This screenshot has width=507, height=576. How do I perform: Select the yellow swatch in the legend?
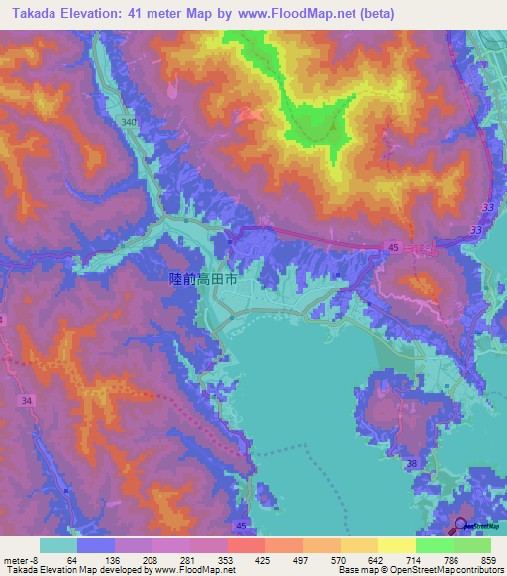tap(396, 545)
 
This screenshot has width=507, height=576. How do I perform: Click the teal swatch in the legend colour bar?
tap(58, 545)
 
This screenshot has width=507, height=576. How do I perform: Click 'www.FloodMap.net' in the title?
tap(292, 13)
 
